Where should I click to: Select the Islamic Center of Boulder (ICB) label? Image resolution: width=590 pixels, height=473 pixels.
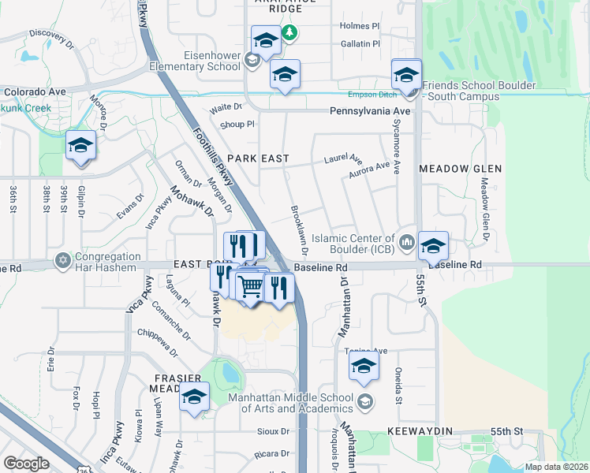click(353, 244)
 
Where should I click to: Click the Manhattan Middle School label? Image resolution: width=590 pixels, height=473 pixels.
click(290, 402)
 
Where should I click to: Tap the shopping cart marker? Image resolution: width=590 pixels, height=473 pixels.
click(251, 287)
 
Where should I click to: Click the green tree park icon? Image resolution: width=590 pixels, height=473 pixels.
click(290, 32)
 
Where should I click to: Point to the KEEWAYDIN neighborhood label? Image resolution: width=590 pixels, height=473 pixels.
click(420, 432)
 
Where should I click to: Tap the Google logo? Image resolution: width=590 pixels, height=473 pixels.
click(26, 464)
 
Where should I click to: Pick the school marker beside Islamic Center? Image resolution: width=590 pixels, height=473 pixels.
click(432, 247)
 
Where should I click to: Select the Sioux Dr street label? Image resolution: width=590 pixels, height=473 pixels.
click(273, 432)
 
